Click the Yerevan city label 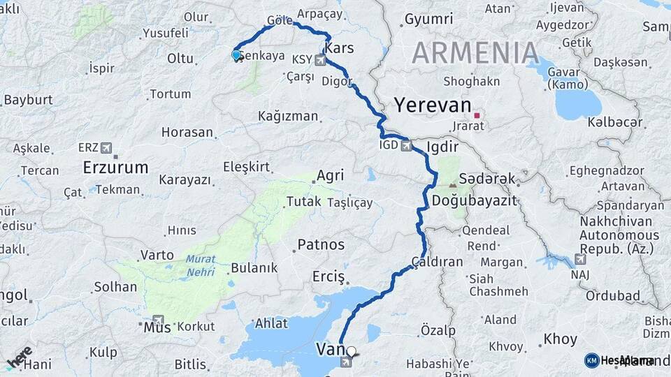pos(433,105)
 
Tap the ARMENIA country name pos(475,54)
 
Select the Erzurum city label pos(115,168)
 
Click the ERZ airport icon pos(106,147)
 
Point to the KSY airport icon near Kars pos(320,61)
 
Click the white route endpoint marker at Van pos(351,353)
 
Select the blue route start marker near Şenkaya pos(236,55)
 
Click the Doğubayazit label pos(473,200)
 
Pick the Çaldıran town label pos(437,262)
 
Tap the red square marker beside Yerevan pos(477,116)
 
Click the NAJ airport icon pos(579,259)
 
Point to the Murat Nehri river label pos(201,263)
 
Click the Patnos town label pos(321,245)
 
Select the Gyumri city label pos(428,19)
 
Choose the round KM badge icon pos(591,360)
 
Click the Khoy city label pos(560,339)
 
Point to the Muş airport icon pos(157,319)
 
